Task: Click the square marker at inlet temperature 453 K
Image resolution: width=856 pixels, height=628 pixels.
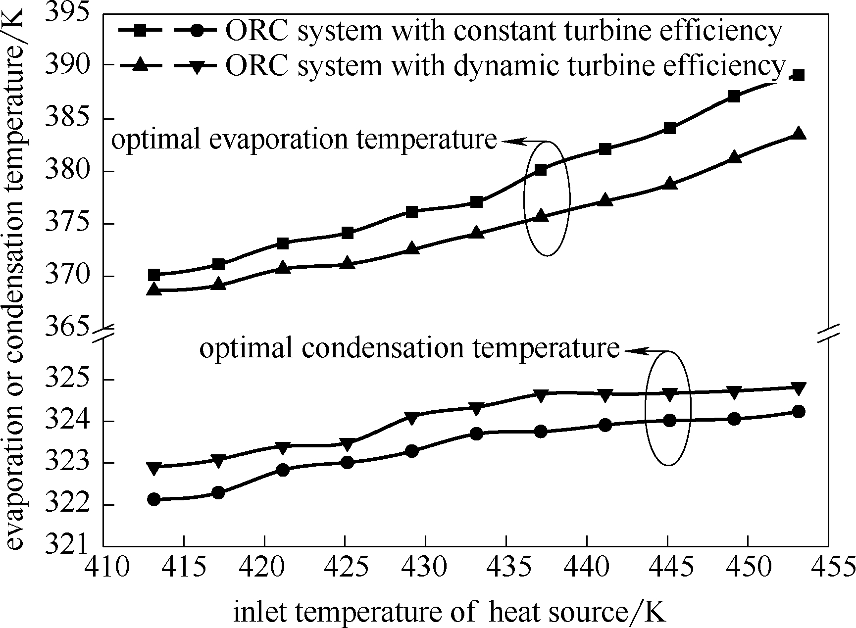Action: click(798, 76)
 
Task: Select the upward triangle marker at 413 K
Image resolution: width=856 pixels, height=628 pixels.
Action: click(154, 290)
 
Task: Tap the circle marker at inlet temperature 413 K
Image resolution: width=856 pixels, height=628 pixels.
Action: click(154, 499)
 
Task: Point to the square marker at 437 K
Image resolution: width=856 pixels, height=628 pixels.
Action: click(541, 170)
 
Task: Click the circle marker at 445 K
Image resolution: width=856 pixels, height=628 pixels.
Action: click(669, 421)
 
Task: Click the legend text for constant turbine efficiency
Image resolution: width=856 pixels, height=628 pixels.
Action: click(503, 31)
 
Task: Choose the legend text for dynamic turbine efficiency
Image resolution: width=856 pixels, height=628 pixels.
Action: click(505, 65)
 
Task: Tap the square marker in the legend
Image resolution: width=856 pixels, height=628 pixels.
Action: click(140, 31)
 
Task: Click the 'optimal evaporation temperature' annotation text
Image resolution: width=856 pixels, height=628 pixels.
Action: click(303, 140)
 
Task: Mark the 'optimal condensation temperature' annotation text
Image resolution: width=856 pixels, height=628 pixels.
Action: click(409, 349)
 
